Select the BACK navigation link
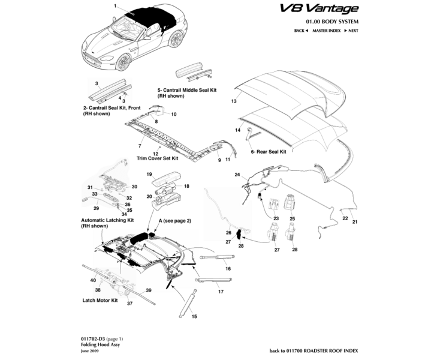coord(300,30)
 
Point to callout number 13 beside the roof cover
coord(234,102)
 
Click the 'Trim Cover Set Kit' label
coord(158,159)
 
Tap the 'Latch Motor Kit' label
coord(98,299)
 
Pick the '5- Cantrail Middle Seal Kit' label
coord(186,89)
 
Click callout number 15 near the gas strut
coord(194,316)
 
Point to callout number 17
coord(221,292)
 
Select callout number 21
coord(354,223)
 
